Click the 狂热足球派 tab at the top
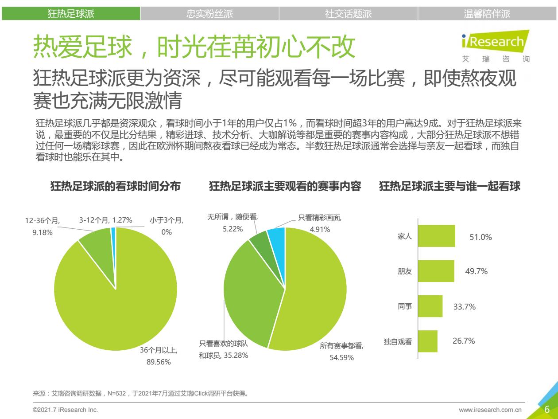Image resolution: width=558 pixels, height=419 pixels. pos(71,14)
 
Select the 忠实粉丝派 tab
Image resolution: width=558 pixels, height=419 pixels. pos(209,14)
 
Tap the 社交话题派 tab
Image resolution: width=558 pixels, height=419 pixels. pos(348,14)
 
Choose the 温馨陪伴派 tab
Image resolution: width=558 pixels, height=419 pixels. pos(487,14)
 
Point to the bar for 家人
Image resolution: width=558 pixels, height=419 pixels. pos(436,236)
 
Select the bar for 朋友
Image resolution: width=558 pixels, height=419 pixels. pos(436,271)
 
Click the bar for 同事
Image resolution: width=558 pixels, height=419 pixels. pos(430,306)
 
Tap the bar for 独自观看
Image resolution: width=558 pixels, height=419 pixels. pos(427,341)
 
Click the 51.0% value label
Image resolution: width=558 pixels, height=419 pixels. pos(480,237)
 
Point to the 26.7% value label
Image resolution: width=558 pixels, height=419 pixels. pos(464,341)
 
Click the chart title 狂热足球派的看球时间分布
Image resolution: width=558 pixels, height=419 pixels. pos(116,187)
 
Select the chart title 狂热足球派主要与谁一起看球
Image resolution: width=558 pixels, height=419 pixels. pos(449,187)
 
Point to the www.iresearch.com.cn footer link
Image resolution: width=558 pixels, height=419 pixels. pos(490,410)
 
